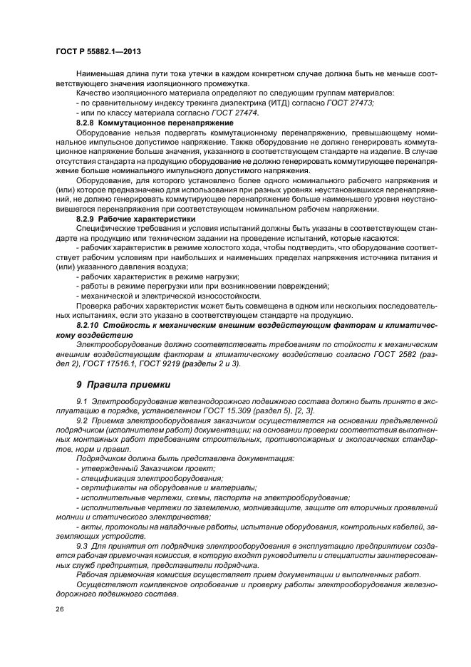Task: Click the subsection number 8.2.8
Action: click(x=87, y=123)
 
